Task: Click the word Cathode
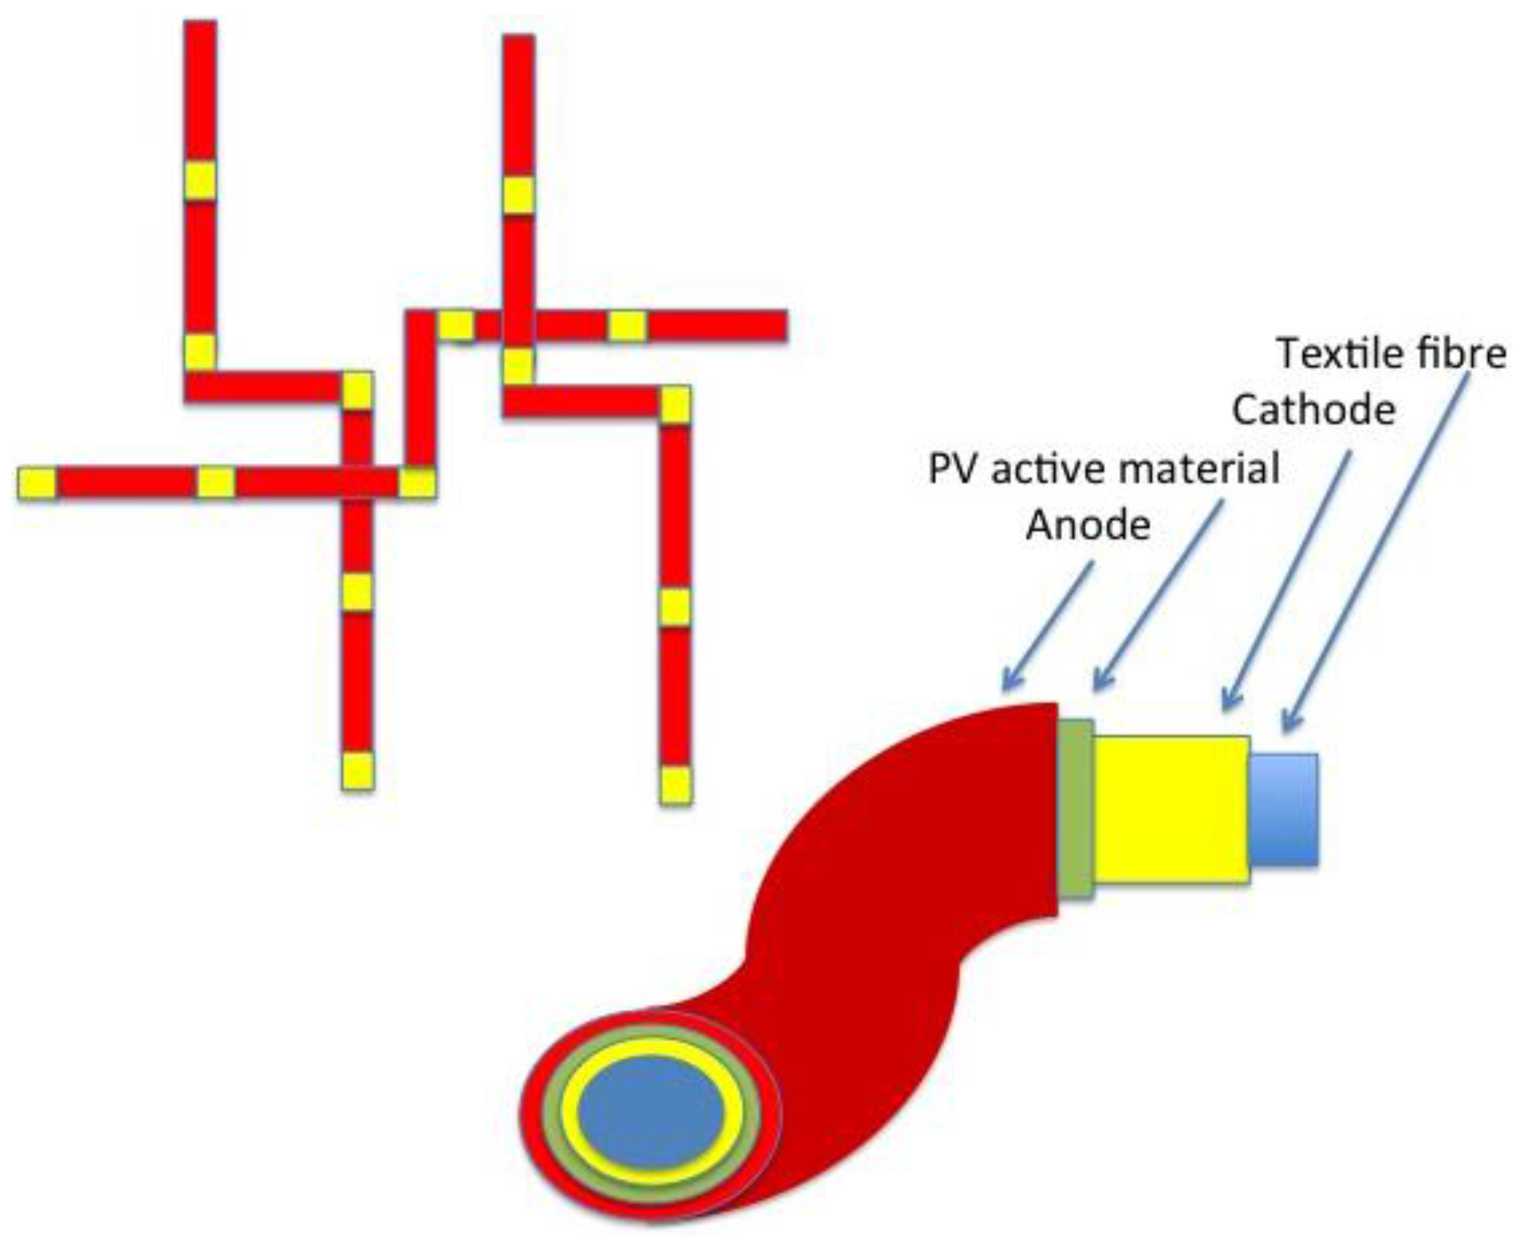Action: point(1313,411)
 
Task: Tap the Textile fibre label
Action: point(1392,353)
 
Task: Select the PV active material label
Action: point(1103,470)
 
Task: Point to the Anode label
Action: point(1088,526)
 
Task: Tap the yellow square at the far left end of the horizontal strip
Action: point(37,484)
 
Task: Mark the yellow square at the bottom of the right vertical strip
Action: point(675,785)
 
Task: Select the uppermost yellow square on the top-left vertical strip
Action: point(200,180)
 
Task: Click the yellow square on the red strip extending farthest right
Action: point(627,326)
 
